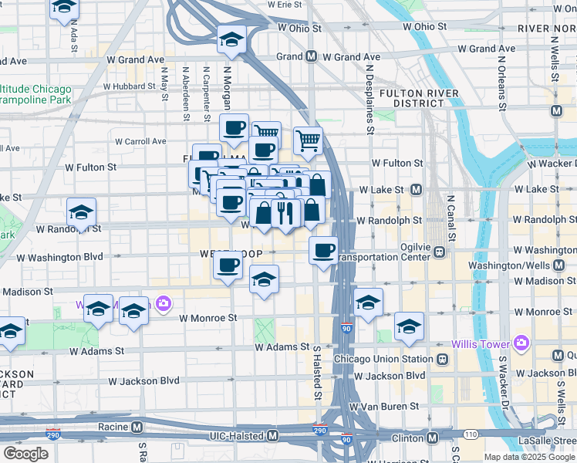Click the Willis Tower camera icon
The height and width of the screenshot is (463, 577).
coord(521,342)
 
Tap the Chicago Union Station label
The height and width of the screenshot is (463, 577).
coord(383,359)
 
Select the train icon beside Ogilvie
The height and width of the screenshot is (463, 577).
coord(440,251)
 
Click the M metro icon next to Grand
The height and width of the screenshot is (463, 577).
coord(311,56)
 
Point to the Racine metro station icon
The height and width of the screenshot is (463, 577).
coord(137,426)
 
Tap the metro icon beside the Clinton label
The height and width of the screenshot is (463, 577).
coord(433,438)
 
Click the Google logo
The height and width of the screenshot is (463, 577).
coord(25,454)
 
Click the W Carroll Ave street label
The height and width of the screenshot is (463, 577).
coord(140,141)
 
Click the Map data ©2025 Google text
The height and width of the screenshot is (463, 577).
coord(528,457)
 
